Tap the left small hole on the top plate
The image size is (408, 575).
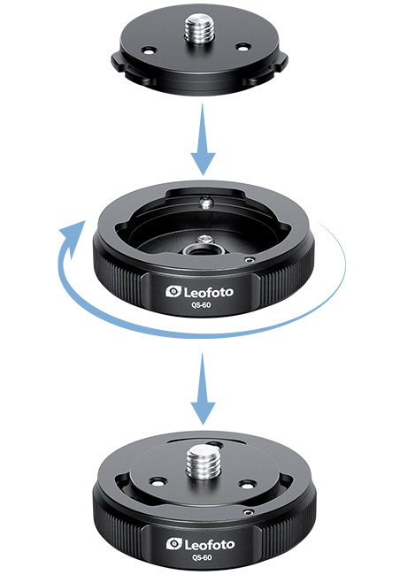point(150,50)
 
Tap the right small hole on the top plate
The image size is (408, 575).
point(242,47)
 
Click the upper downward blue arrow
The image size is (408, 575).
point(203,140)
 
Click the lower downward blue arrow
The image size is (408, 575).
point(203,389)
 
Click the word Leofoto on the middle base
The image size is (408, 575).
point(208,292)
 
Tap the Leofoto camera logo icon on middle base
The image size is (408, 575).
point(173,292)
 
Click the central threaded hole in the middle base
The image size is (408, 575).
point(199,251)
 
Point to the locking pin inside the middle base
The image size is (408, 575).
point(206,203)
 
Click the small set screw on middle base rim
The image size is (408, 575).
point(250,259)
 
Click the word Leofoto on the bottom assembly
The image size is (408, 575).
point(209,545)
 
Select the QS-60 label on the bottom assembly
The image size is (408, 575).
point(202,557)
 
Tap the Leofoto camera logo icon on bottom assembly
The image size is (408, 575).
point(174,544)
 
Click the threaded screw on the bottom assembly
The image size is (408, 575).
point(202,463)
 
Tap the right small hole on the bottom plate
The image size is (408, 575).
point(246,484)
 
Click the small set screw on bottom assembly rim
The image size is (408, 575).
point(249,512)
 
